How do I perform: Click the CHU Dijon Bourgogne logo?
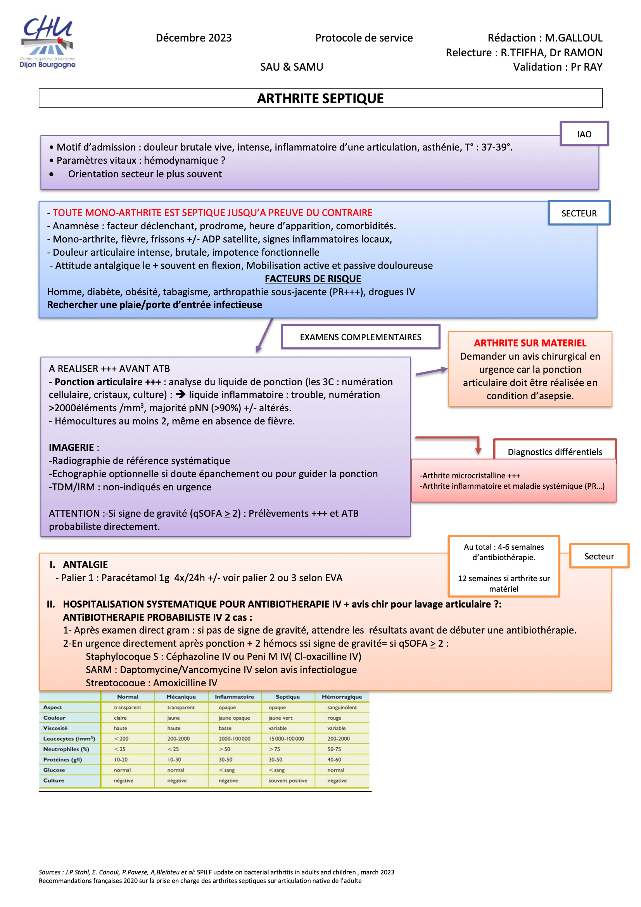tap(47, 42)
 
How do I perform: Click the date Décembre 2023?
tap(194, 38)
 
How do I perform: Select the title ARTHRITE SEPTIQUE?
tap(320, 99)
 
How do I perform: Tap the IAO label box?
tap(584, 134)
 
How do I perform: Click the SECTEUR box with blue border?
tap(579, 213)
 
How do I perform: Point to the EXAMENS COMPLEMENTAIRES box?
tap(360, 337)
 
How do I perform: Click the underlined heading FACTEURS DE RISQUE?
tap(313, 279)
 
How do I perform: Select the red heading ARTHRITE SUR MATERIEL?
tap(530, 343)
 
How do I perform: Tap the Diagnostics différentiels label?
tap(555, 452)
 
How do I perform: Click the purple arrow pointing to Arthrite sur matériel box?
tap(432, 371)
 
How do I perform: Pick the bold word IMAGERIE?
tap(71, 447)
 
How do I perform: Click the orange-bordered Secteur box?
tap(599, 556)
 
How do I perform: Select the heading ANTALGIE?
tap(85, 564)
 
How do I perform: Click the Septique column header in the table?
tap(287, 697)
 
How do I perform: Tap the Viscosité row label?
tap(55, 728)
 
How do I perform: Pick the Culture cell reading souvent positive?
tap(287, 781)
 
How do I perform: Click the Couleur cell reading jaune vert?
tap(280, 718)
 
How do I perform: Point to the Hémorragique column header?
tap(342, 697)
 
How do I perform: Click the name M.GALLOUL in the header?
tap(574, 38)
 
